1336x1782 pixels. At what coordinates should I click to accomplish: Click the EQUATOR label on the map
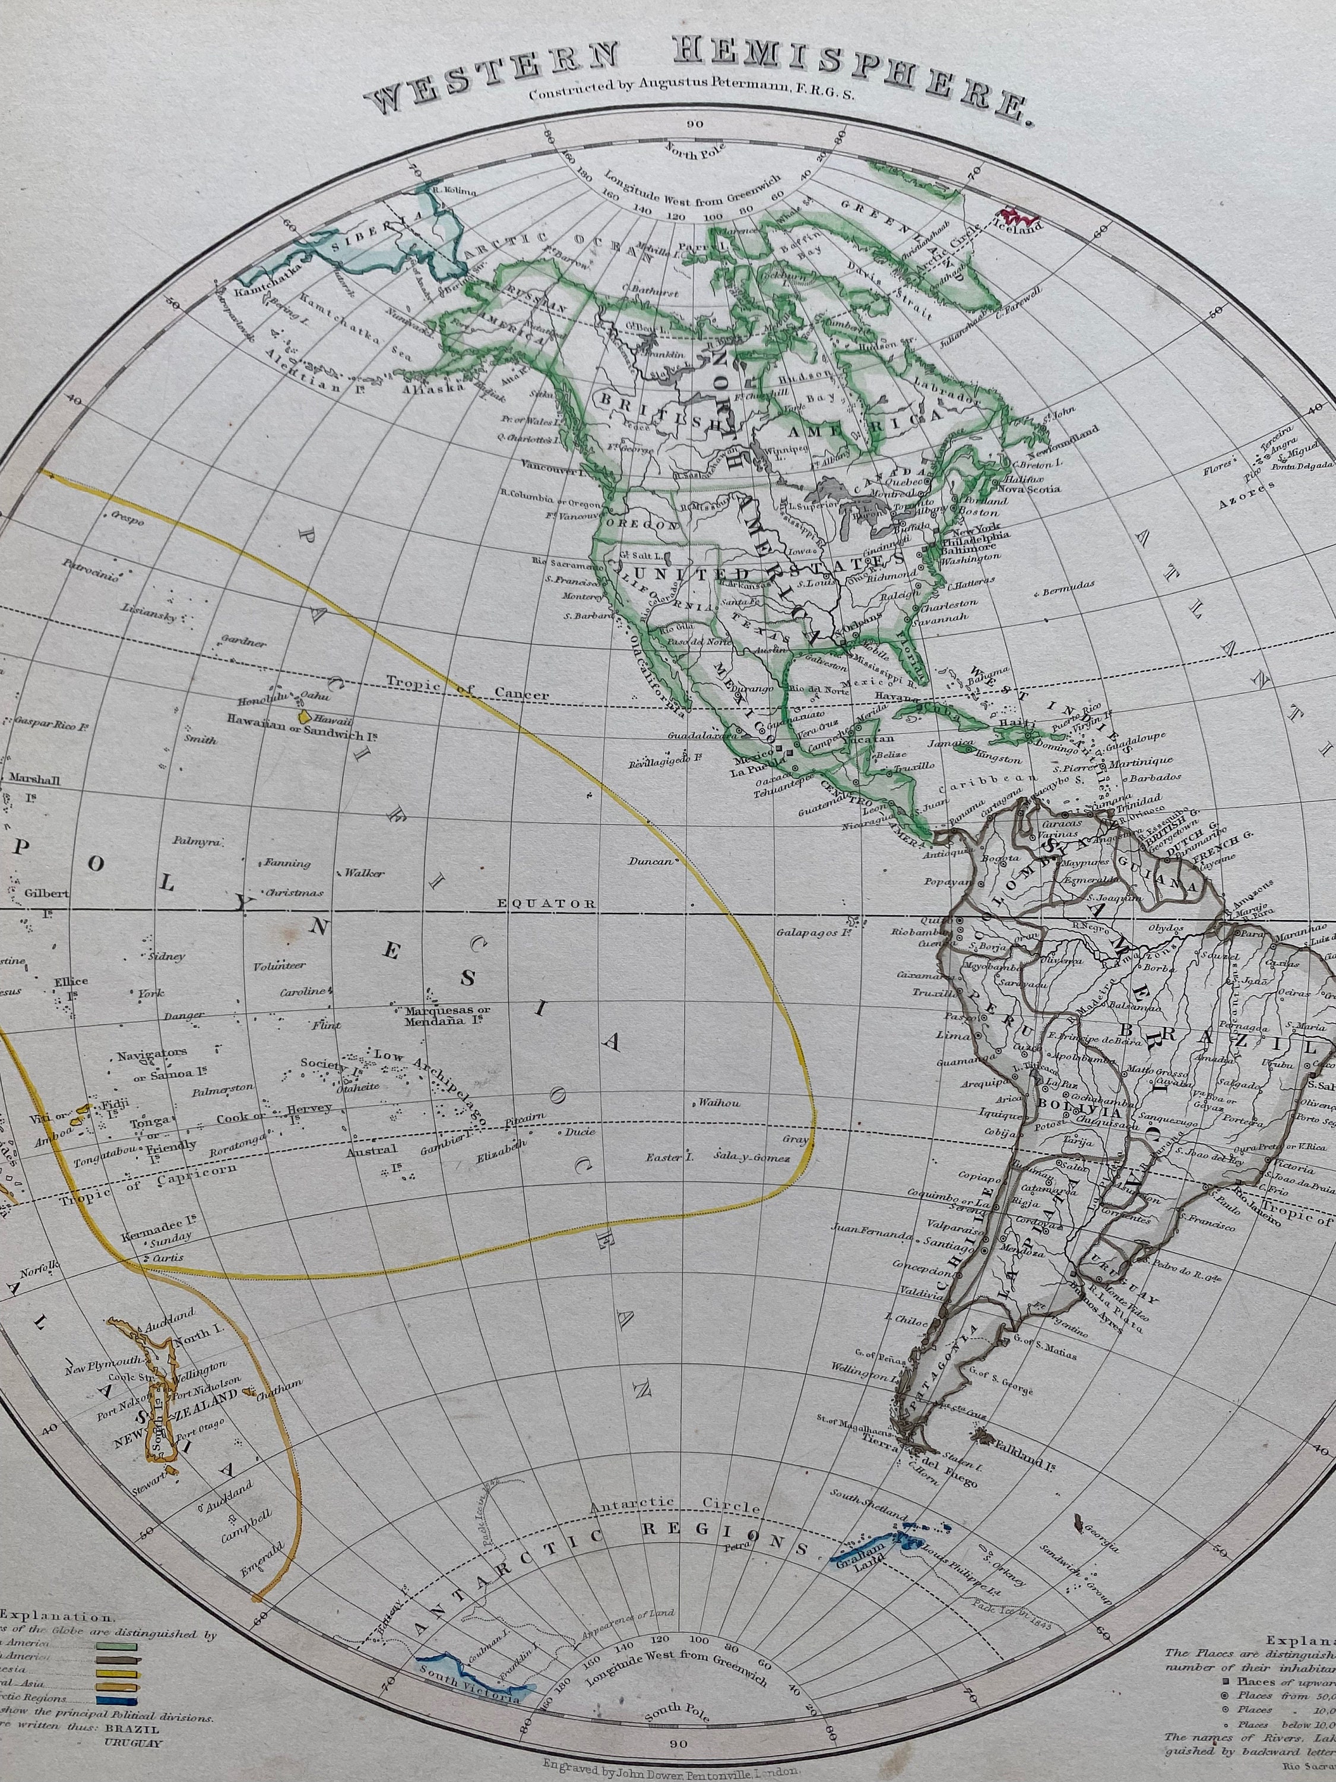pos(558,904)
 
